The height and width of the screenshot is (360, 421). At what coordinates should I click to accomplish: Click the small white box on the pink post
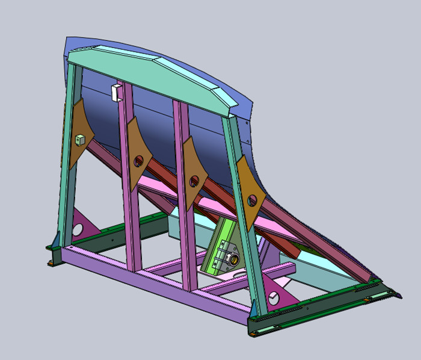coord(117,92)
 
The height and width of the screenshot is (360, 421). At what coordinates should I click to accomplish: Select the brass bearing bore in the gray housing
coord(231,259)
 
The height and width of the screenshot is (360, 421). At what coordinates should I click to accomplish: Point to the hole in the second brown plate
coord(139,161)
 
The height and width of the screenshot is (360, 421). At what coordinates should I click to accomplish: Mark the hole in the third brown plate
coord(194,181)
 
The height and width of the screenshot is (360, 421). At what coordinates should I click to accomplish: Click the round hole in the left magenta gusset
coord(78,229)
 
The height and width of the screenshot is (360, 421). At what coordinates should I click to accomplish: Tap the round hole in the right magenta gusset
coord(274,297)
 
